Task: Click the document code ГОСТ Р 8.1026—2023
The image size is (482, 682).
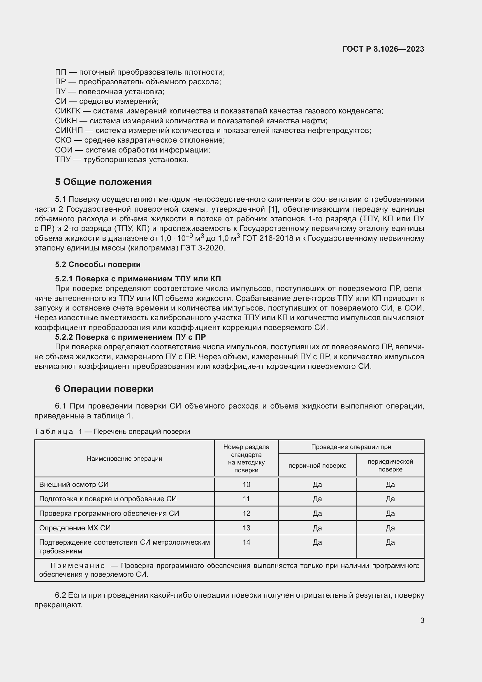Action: [x=383, y=49]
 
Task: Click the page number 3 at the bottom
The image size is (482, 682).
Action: [x=422, y=620]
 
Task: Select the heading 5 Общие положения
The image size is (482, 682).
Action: [x=103, y=182]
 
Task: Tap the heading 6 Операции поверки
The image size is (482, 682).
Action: [x=104, y=388]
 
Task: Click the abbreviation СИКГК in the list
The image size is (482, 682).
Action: [x=68, y=111]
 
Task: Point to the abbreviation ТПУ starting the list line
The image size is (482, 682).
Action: [x=63, y=160]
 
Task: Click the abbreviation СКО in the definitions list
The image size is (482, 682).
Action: [x=63, y=140]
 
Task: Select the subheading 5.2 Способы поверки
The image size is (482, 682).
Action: [x=98, y=264]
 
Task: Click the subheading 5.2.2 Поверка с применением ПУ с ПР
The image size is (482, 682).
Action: [x=130, y=337]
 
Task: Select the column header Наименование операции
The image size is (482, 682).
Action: [x=124, y=458]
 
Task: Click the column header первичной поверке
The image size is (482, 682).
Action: [x=317, y=465]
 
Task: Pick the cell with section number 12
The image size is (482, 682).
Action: [x=246, y=513]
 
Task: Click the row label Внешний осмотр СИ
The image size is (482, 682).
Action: [x=74, y=485]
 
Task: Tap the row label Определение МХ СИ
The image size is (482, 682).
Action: [x=75, y=528]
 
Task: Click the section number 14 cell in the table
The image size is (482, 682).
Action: [x=246, y=542]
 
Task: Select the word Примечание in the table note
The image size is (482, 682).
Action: [x=78, y=566]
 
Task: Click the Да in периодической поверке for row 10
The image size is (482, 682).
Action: [x=390, y=485]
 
